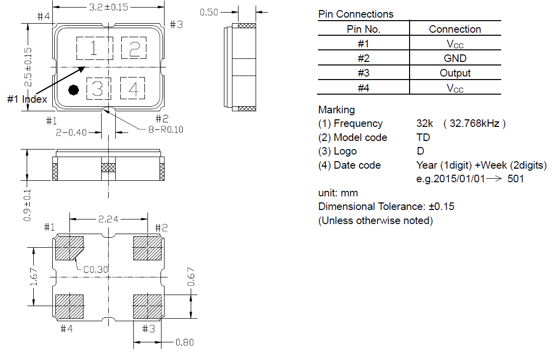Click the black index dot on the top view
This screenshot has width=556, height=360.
pos(73,90)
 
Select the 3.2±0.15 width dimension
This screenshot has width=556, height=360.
pos(109,7)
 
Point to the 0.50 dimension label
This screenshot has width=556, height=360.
pos(209,13)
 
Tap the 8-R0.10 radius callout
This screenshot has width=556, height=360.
pos(166,129)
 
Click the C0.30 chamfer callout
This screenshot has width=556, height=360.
pos(96,269)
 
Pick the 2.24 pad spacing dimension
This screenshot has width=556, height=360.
pos(108,219)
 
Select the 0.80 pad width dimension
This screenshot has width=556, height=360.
pos(184,342)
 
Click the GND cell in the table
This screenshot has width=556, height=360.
pos(455,58)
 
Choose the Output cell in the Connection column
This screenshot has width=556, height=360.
pos(455,73)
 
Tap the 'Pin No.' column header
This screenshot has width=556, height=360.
pos(363,29)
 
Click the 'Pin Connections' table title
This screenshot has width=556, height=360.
pos(356,14)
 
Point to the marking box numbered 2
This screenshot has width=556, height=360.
pos(134,48)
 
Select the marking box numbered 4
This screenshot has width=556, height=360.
pos(133,88)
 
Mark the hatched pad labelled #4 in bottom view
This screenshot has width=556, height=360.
pos(69,307)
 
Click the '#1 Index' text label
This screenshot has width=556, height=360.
pos(27,99)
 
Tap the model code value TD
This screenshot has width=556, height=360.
pos(423,137)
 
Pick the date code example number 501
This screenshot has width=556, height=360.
pos(516,178)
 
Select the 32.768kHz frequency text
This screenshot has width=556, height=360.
pos(474,123)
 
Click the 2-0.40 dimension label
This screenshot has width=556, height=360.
pos(71,132)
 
